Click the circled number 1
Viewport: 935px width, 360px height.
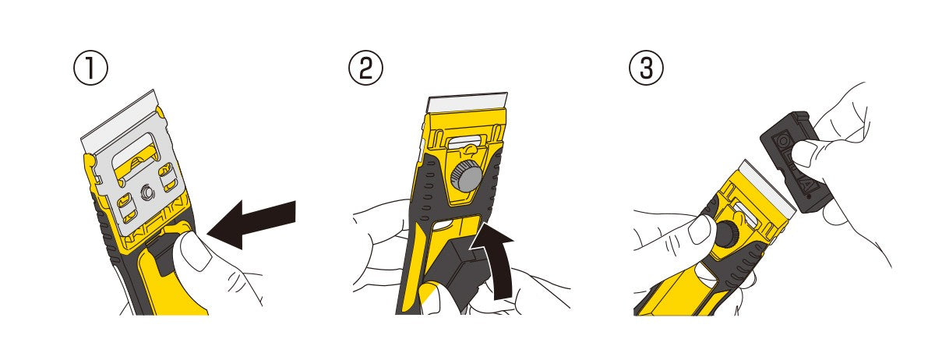point(90,68)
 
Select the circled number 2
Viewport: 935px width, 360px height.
point(365,68)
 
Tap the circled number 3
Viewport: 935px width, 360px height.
point(646,68)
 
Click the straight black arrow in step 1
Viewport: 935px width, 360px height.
point(251,224)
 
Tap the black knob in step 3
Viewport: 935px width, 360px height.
point(725,233)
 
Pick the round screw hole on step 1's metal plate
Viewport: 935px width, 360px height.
point(147,193)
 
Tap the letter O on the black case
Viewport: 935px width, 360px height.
point(785,142)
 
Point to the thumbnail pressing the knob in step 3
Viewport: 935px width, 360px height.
point(700,230)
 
